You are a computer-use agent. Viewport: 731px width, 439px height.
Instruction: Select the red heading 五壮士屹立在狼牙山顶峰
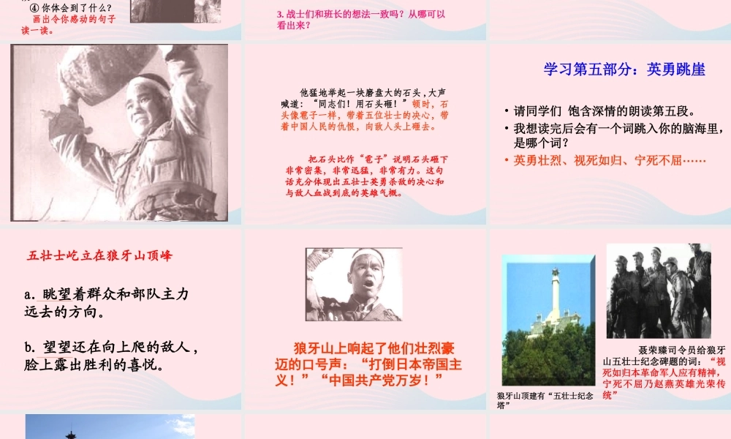point(99,256)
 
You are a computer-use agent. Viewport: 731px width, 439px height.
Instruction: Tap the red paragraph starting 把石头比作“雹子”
point(365,176)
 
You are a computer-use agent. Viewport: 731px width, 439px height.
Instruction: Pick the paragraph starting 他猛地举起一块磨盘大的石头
point(365,110)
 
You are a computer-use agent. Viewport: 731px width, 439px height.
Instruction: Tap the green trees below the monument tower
point(548,359)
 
